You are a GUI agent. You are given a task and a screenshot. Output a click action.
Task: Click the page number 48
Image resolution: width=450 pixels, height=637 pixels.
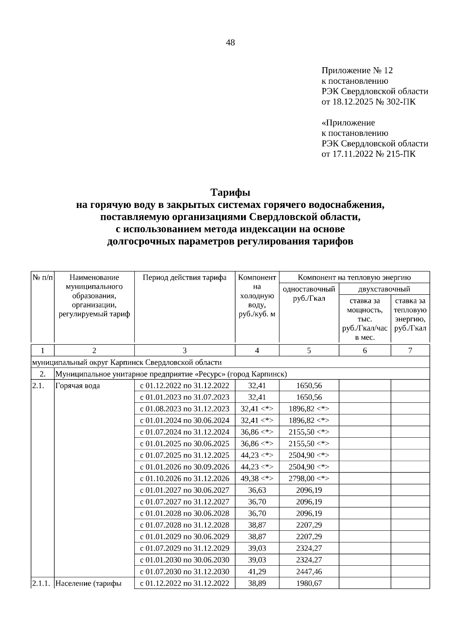230,43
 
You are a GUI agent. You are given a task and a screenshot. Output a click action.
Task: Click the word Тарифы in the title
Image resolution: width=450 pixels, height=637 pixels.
230,193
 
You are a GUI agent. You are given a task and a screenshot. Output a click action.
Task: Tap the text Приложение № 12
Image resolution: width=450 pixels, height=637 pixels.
357,71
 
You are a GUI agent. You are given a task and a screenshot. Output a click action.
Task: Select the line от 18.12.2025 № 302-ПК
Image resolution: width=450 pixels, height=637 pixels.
369,102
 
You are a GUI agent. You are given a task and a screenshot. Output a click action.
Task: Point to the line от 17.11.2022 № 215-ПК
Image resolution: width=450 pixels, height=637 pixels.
369,154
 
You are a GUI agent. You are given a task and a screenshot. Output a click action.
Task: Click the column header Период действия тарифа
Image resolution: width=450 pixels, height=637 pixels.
184,278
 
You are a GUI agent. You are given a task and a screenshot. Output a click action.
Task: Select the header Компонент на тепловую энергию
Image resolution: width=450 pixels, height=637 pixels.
354,278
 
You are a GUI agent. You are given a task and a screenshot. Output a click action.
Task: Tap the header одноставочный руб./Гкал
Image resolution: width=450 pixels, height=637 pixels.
309,294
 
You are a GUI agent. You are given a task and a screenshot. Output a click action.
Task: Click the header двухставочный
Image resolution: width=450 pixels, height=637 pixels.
384,289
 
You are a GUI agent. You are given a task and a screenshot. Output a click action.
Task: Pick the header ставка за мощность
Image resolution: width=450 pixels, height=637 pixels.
364,305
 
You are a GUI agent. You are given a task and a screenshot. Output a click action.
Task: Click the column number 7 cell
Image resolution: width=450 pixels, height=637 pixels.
410,351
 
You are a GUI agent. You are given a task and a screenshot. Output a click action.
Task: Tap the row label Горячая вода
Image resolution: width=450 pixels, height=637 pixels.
78,386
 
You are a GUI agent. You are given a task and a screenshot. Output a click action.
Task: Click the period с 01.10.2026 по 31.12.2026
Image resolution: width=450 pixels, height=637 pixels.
184,479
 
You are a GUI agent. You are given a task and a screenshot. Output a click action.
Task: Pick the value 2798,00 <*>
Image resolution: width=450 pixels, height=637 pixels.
309,479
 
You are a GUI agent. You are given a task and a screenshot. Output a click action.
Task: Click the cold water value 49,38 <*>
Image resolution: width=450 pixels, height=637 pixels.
257,479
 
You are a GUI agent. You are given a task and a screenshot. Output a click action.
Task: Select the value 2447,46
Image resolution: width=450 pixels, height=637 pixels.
309,572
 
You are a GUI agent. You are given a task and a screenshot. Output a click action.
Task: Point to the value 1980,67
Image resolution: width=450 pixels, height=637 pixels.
309,584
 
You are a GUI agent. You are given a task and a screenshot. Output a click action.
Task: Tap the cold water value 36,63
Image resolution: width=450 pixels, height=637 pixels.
257,490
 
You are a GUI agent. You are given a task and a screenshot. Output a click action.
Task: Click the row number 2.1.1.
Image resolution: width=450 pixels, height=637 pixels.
41,584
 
